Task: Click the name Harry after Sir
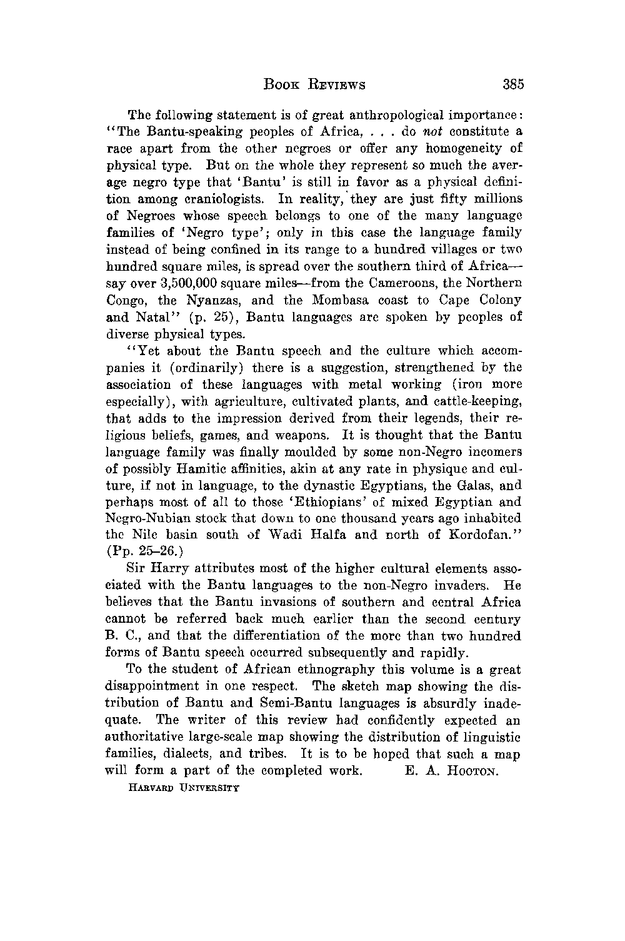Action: click(x=176, y=570)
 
